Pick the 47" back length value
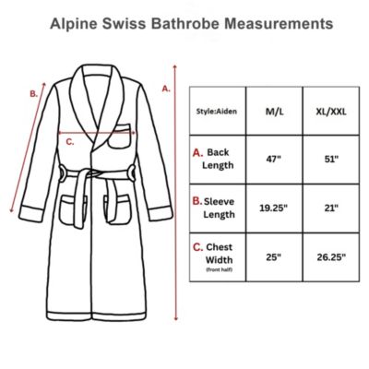275,158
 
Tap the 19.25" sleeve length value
275,208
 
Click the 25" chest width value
275,256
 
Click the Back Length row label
220,158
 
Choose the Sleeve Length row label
220,208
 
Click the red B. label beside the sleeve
34,92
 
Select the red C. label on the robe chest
69,141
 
